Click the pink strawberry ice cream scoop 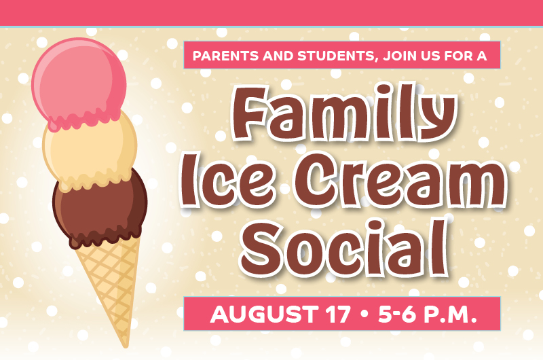coord(79,83)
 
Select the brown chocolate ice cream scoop coord(100,208)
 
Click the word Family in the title coord(344,113)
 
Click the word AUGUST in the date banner coord(264,314)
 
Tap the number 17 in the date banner coord(337,314)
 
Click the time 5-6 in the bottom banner coord(397,314)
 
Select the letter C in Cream coord(316,181)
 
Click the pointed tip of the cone coord(126,346)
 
